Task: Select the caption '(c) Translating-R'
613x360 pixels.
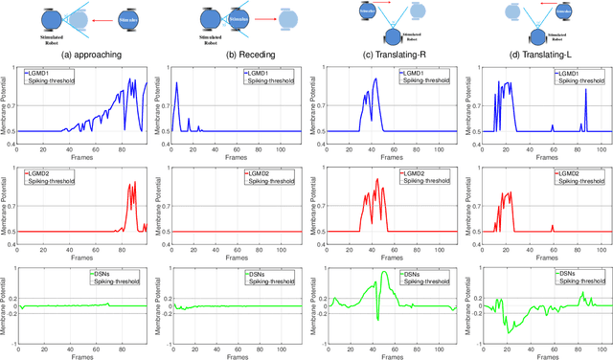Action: [x=390, y=55]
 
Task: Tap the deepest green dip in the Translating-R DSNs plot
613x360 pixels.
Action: [x=378, y=321]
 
